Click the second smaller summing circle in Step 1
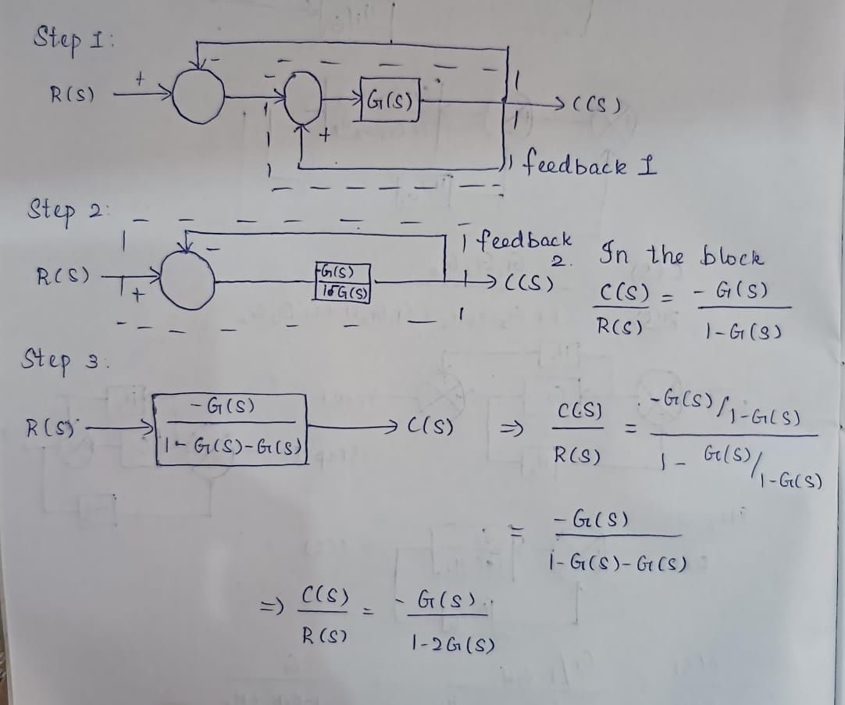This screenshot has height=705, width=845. point(305,98)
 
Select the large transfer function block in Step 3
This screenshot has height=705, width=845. point(231,429)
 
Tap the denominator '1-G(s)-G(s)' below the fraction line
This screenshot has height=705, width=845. point(617,562)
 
